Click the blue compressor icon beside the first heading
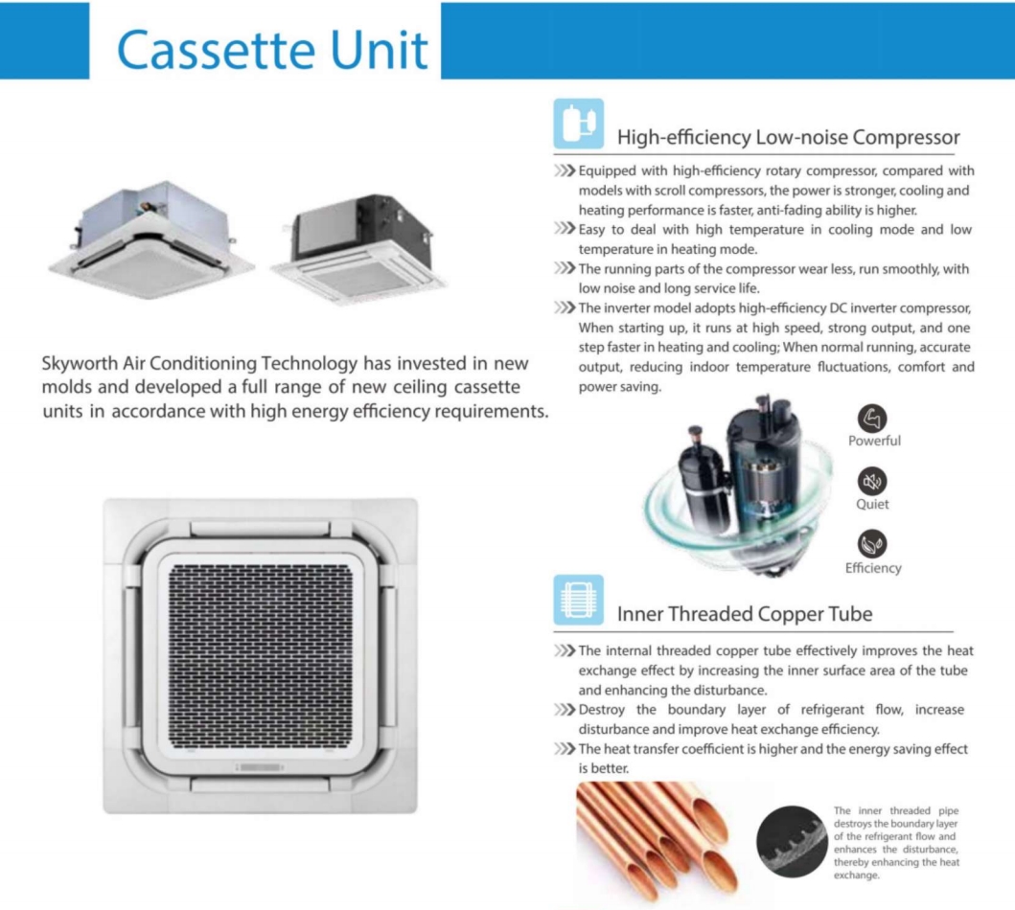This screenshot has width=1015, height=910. pos(579,124)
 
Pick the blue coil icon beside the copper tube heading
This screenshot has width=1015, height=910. pos(579,601)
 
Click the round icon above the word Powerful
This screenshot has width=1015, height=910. pos(873,418)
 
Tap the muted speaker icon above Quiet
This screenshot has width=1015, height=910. pos(873,481)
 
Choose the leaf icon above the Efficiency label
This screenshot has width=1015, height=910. pos(873,544)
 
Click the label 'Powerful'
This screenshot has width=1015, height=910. pos(874,441)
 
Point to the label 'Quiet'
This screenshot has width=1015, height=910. pos(873,504)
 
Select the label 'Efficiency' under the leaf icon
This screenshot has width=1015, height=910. pos(873,567)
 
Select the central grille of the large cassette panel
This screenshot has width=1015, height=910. pos(260,648)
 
